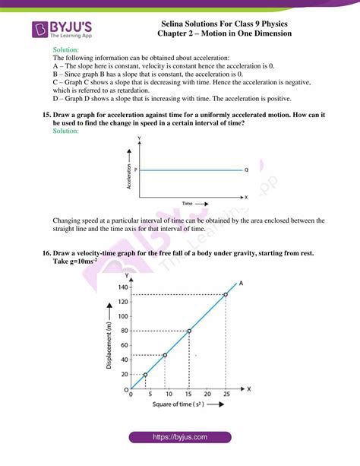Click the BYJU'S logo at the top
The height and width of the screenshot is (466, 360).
(61, 30)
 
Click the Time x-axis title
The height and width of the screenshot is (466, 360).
(190, 204)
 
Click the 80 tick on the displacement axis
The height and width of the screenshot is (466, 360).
(122, 331)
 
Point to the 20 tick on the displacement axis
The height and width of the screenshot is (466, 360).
(122, 374)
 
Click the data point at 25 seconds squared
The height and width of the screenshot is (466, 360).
(226, 294)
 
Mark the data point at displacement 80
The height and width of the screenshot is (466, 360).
(188, 331)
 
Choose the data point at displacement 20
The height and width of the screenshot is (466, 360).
(146, 375)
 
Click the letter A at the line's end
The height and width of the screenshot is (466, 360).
(241, 283)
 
